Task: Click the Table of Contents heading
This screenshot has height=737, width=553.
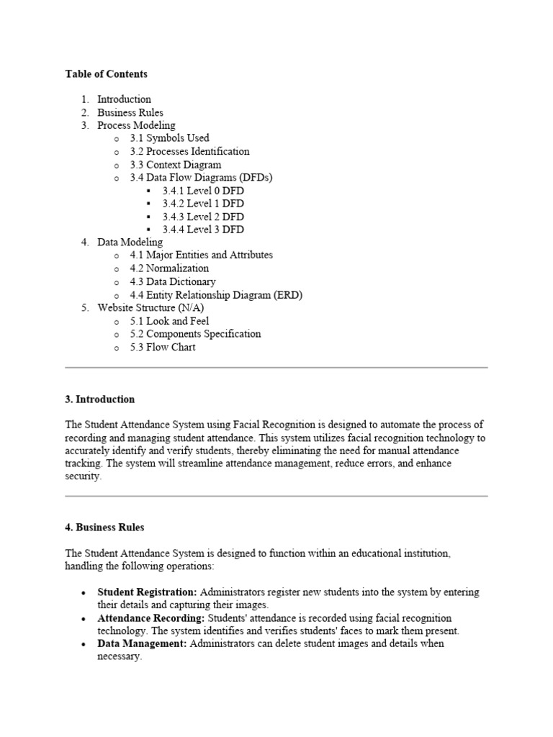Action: [x=106, y=74]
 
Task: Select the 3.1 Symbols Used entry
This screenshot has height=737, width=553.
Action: [x=169, y=138]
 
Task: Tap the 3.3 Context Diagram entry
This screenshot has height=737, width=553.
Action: [x=175, y=165]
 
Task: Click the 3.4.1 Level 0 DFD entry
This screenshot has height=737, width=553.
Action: [x=202, y=191]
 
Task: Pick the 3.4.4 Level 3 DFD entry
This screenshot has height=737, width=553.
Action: [x=202, y=230]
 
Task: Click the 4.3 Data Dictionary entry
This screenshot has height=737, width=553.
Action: [x=172, y=281]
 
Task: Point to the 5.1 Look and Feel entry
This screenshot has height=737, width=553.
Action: [x=169, y=321]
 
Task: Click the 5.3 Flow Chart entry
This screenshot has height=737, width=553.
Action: [x=162, y=347]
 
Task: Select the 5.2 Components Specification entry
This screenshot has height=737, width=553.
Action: [x=195, y=334]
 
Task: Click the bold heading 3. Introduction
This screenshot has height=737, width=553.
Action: [x=99, y=399]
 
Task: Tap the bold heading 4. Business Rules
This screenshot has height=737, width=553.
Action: [x=104, y=528]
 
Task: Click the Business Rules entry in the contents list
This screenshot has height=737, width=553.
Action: [x=130, y=112]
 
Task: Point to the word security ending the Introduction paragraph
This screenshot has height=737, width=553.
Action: [x=83, y=476]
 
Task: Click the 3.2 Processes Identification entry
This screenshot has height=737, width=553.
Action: [x=189, y=151]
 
